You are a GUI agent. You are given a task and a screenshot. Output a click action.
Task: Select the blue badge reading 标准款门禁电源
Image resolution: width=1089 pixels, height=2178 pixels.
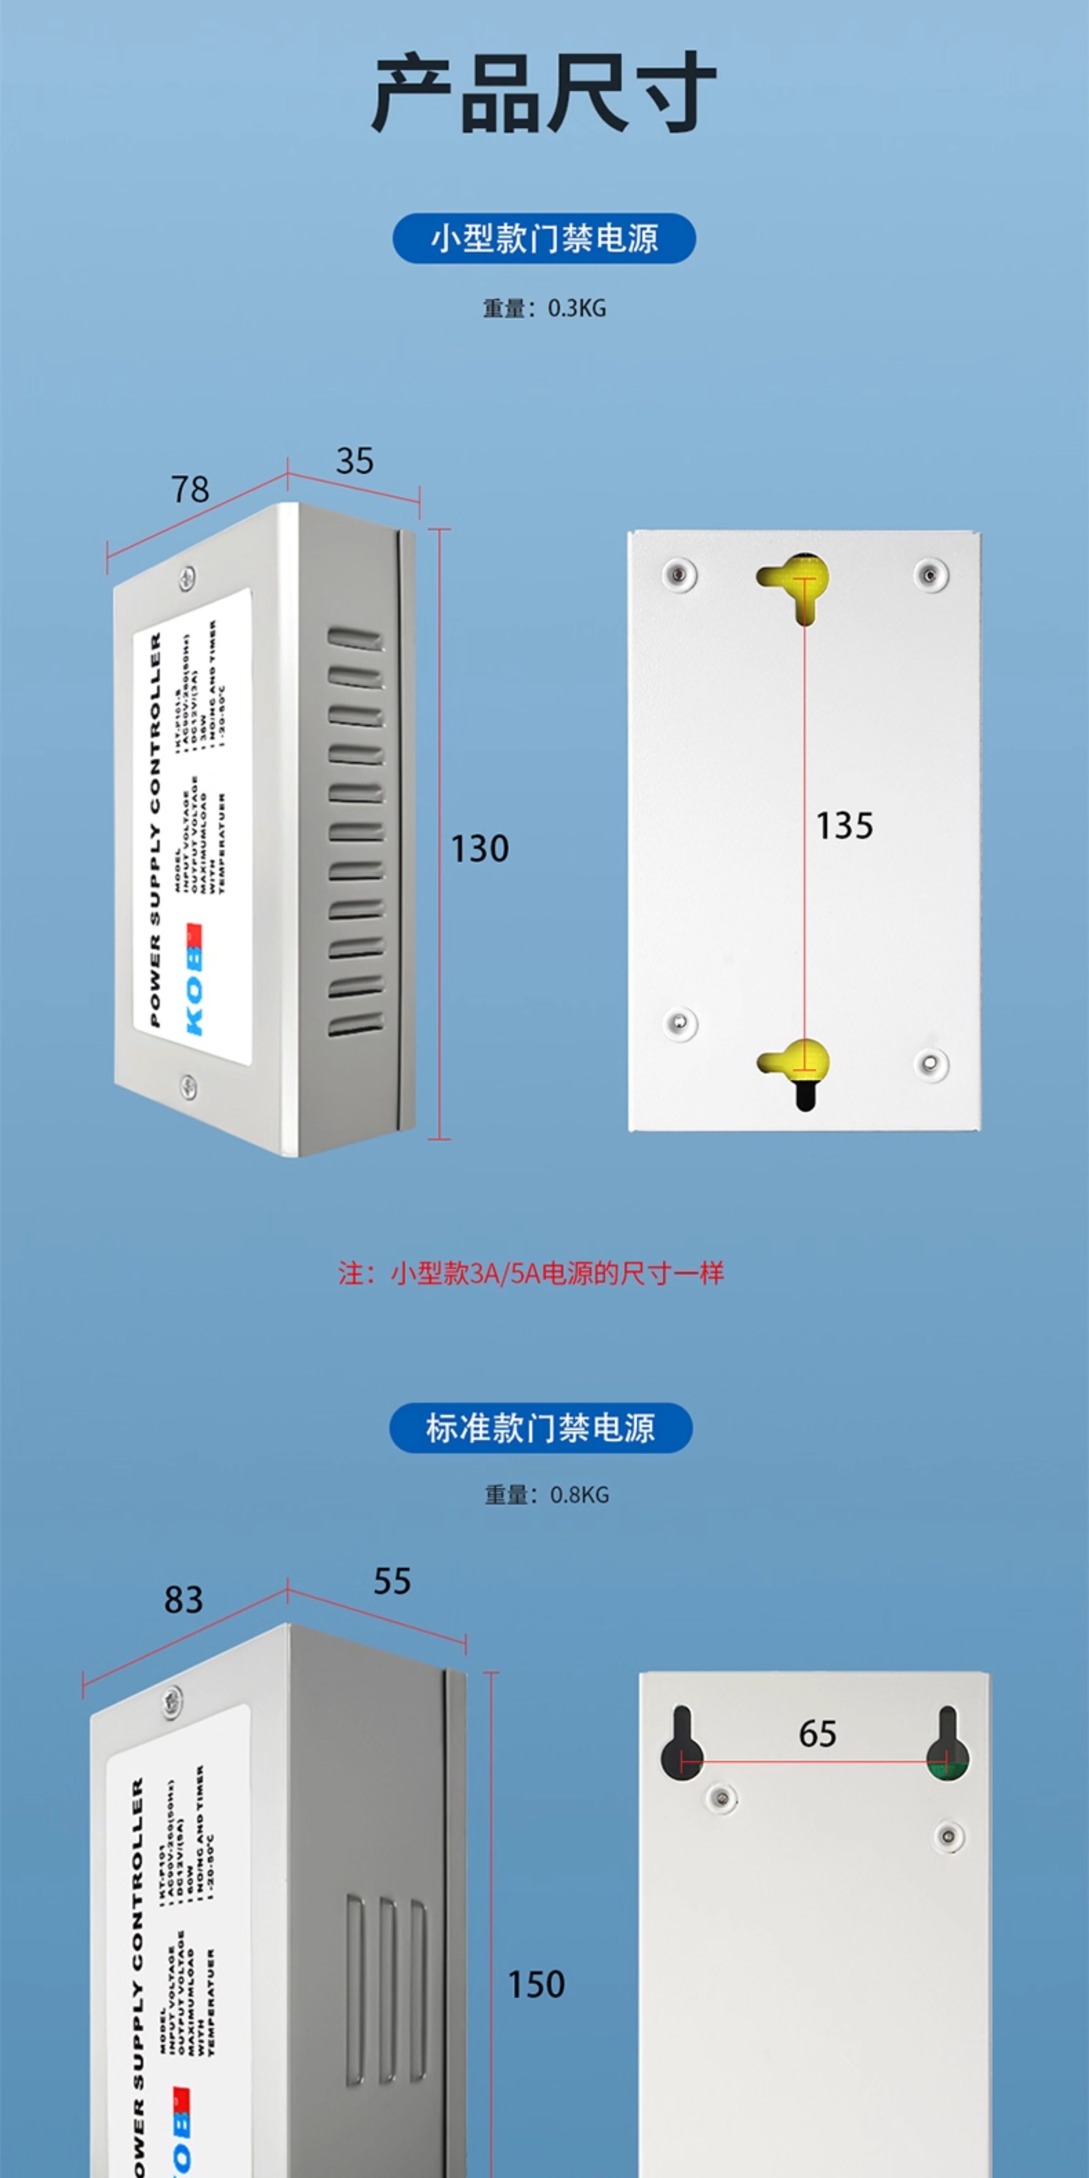pos(540,1428)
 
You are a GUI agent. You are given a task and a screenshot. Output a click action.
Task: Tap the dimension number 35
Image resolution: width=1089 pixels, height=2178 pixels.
pos(354,461)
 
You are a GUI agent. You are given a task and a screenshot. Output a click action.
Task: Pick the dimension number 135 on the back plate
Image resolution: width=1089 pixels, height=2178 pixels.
pos(844,826)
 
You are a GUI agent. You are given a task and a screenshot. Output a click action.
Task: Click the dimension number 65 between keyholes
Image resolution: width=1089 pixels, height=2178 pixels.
pos(818,1734)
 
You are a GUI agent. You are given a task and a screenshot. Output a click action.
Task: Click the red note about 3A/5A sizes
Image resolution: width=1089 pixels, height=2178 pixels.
pos(531,1273)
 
